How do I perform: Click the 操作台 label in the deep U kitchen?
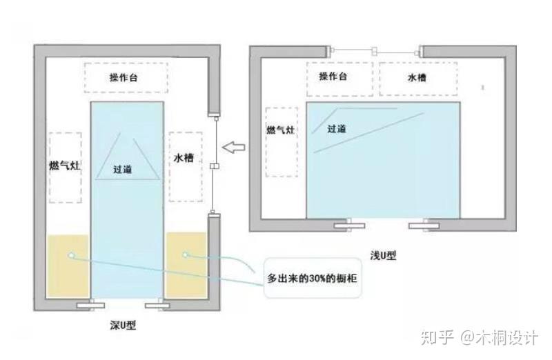[124, 77]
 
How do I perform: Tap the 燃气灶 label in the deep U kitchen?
[65, 165]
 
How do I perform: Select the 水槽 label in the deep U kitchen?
[184, 158]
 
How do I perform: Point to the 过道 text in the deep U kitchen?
[123, 169]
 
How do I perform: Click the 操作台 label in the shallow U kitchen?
[333, 76]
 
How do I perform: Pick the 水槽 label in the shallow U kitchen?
[417, 77]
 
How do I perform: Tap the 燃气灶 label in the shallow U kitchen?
[281, 130]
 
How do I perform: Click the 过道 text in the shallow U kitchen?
[337, 129]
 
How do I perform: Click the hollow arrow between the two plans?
[234, 147]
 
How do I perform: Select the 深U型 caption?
[123, 325]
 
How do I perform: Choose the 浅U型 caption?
[383, 255]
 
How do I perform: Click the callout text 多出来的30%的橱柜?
[313, 279]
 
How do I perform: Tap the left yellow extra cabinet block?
[68, 266]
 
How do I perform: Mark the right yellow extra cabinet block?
[186, 265]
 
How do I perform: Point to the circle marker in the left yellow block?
[72, 255]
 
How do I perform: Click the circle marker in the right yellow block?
[186, 254]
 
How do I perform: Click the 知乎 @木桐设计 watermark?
[480, 337]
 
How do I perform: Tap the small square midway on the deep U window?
[215, 166]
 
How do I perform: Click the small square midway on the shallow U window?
[375, 51]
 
